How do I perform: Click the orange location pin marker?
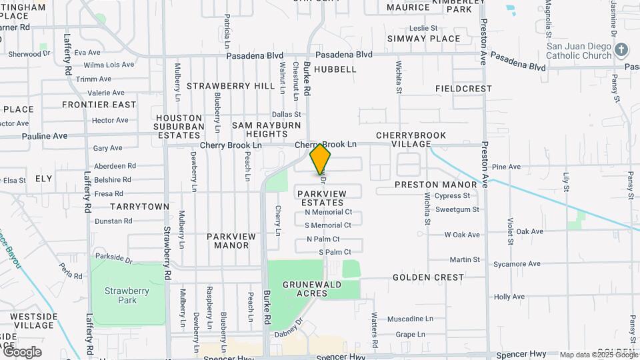pyautogui.click(x=321, y=159)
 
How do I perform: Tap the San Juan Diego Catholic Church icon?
pyautogui.click(x=621, y=50)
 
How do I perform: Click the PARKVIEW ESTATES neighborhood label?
pyautogui.click(x=322, y=198)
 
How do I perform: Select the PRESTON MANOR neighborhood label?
pyautogui.click(x=436, y=185)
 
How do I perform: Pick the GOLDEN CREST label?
pyautogui.click(x=428, y=277)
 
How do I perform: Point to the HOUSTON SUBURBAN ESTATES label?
pyautogui.click(x=179, y=126)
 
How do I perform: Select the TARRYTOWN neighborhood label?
pyautogui.click(x=139, y=207)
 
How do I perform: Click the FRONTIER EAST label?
pyautogui.click(x=99, y=105)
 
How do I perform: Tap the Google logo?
pyautogui.click(x=21, y=352)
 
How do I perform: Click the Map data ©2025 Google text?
pyautogui.click(x=599, y=355)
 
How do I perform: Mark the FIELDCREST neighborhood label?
pyautogui.click(x=463, y=89)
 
